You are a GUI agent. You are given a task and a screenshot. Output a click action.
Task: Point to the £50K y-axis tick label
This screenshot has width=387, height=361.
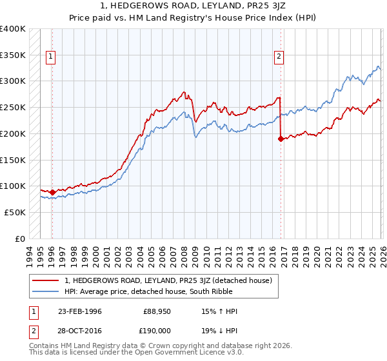[14, 212]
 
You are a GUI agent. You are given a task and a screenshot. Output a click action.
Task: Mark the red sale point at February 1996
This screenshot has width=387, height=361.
[52, 192]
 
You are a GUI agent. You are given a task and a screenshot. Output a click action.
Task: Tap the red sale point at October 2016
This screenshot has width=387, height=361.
[281, 139]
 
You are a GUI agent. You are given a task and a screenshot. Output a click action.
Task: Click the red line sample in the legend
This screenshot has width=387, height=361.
[47, 280]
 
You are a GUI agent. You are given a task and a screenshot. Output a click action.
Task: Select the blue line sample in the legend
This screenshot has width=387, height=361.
[47, 291]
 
